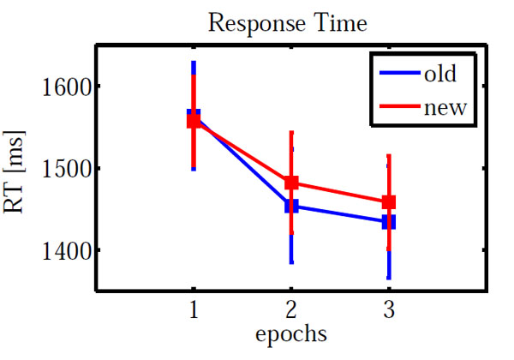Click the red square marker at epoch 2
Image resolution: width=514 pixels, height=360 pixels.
pyautogui.click(x=291, y=183)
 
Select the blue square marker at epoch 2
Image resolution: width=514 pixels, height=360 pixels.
pyautogui.click(x=291, y=206)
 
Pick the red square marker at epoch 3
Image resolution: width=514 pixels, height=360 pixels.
pyautogui.click(x=389, y=202)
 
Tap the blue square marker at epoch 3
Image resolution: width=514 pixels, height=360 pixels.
pyautogui.click(x=389, y=222)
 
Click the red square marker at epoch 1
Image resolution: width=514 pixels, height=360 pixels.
pyautogui.click(x=194, y=121)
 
